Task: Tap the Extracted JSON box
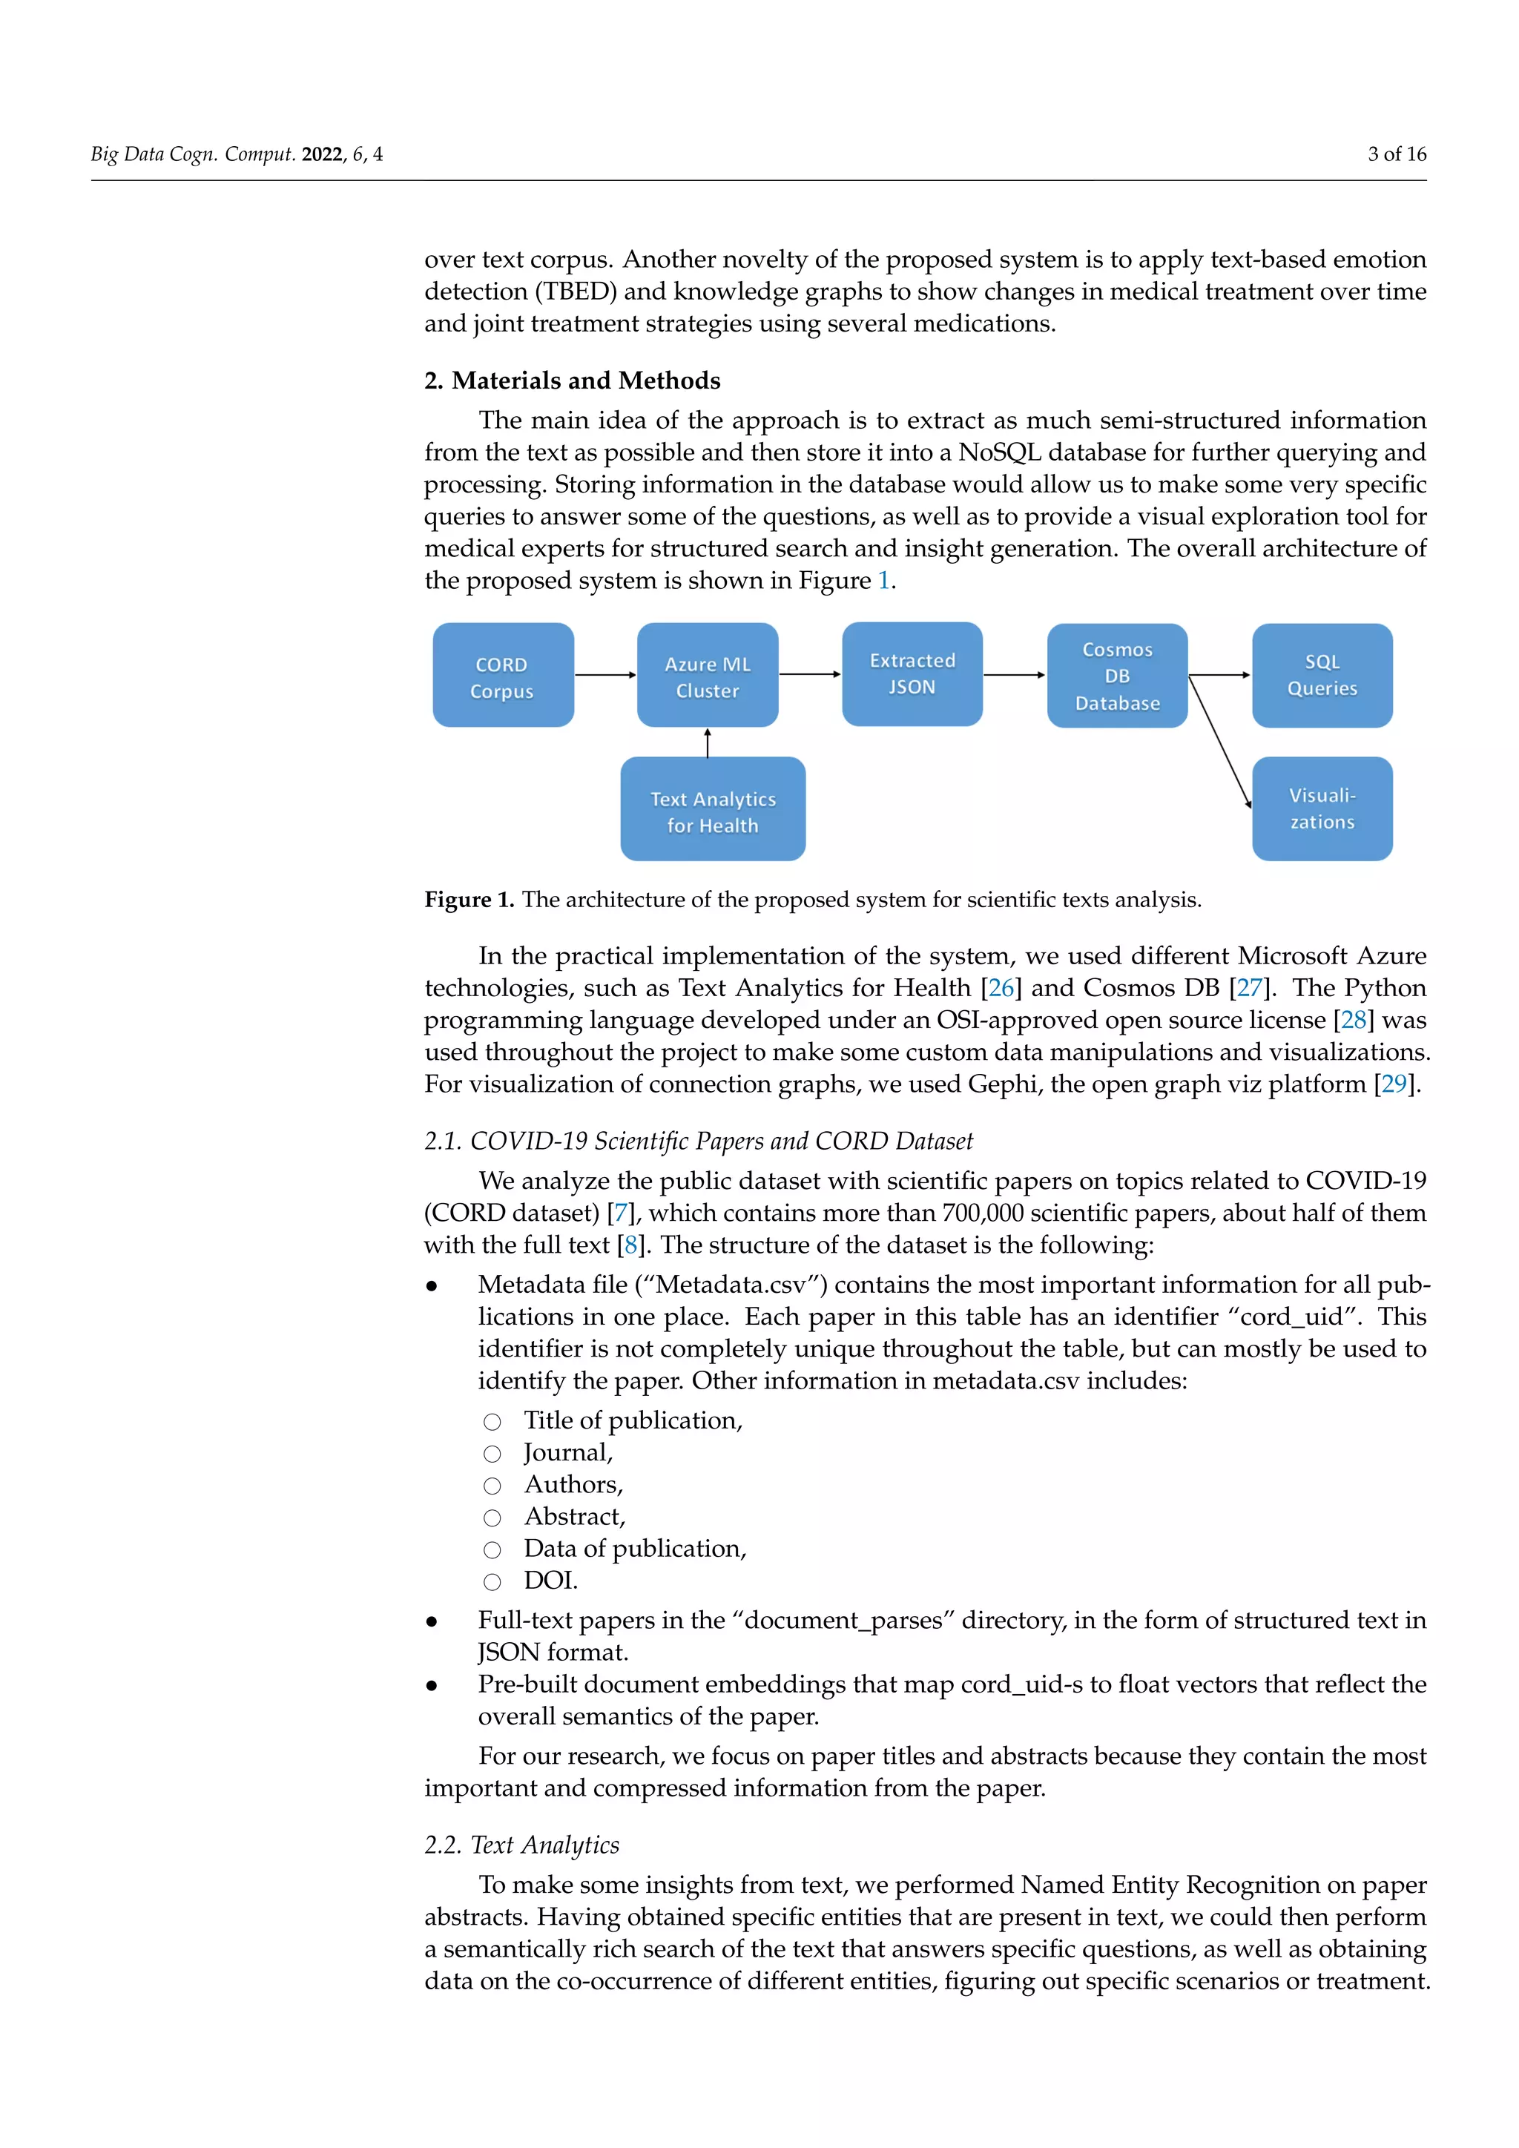click(912, 673)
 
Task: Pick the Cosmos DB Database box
click(1117, 676)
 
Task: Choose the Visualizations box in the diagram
click(1322, 808)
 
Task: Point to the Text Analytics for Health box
click(713, 809)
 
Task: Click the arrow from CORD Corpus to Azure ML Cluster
click(605, 674)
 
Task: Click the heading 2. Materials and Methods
click(572, 380)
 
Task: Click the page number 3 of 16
click(1397, 154)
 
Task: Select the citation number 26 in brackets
click(1001, 988)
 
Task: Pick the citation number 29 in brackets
click(1394, 1084)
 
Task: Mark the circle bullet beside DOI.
click(492, 1582)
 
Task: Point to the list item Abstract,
click(574, 1517)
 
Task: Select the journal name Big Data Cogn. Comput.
click(193, 154)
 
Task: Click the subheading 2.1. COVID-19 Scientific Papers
click(698, 1141)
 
